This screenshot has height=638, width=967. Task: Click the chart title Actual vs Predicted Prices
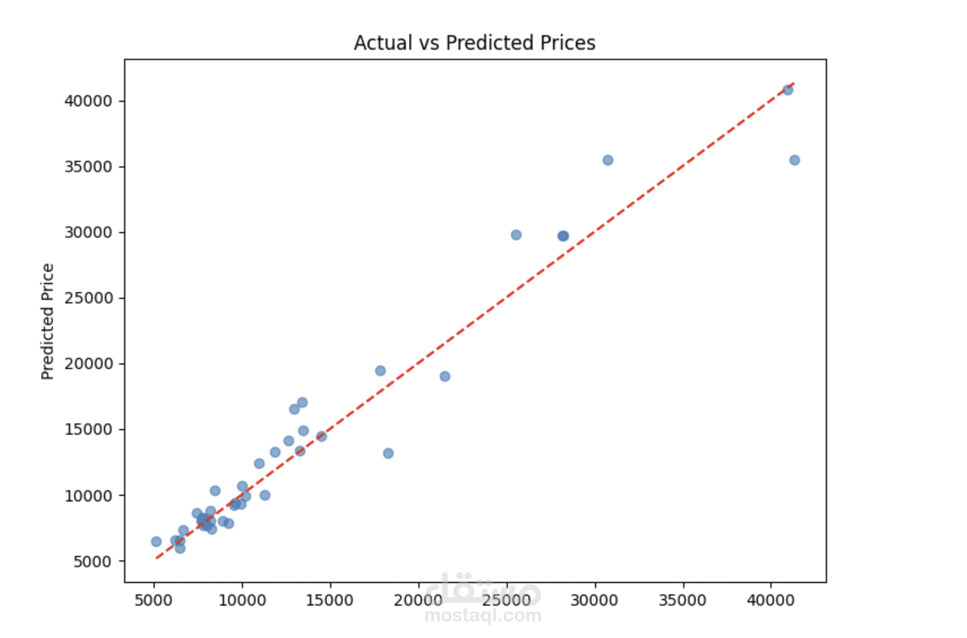pyautogui.click(x=474, y=43)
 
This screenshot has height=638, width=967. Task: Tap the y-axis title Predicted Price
pyautogui.click(x=47, y=321)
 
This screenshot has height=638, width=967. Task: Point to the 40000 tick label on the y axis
pyautogui.click(x=88, y=101)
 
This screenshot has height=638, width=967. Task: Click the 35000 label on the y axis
pyautogui.click(x=88, y=167)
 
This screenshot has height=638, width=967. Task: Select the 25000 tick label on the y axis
pyautogui.click(x=88, y=298)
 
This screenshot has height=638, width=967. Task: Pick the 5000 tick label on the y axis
pyautogui.click(x=93, y=562)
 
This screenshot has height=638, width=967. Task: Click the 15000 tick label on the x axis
pyautogui.click(x=330, y=600)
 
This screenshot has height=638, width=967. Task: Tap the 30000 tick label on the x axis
pyautogui.click(x=594, y=600)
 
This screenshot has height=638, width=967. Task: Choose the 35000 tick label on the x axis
pyautogui.click(x=683, y=600)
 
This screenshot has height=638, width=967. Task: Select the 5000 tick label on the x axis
pyautogui.click(x=153, y=600)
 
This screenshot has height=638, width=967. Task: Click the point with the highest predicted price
pyautogui.click(x=788, y=90)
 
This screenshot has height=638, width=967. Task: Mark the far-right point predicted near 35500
pyautogui.click(x=794, y=161)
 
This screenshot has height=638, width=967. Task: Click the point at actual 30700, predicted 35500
pyautogui.click(x=608, y=161)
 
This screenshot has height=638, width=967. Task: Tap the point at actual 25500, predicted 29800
pyautogui.click(x=516, y=235)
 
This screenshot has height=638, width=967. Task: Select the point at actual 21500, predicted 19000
pyautogui.click(x=445, y=376)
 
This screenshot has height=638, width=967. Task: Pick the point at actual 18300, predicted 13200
pyautogui.click(x=388, y=453)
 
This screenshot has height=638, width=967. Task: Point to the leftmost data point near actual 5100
pyautogui.click(x=156, y=542)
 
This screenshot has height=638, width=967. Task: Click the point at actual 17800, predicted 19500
pyautogui.click(x=380, y=371)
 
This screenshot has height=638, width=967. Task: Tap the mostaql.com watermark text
pyautogui.click(x=483, y=615)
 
